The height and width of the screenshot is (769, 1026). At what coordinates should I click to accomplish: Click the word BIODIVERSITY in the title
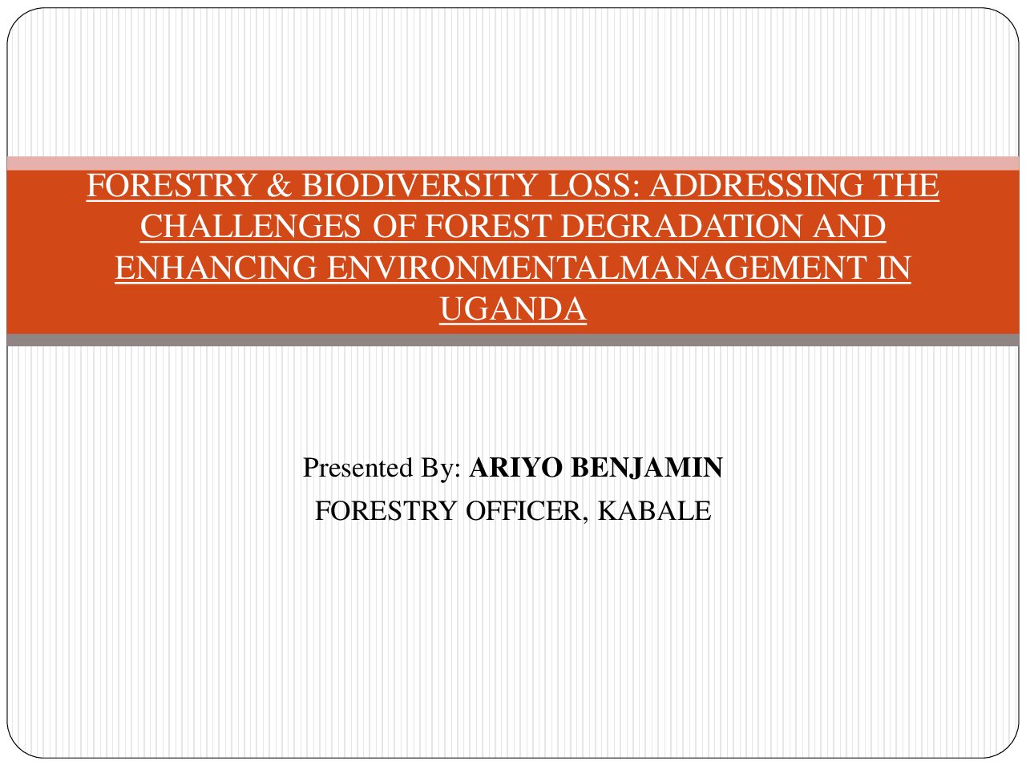pos(418,185)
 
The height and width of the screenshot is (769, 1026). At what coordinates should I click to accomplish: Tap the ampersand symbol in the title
pos(279,185)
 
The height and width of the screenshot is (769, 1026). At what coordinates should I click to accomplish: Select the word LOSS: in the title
pos(593,185)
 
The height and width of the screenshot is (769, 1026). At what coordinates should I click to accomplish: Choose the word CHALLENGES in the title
pos(251,226)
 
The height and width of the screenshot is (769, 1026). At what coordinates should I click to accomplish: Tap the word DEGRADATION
pos(681,226)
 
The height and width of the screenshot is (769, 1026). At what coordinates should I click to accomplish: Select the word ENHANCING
pos(216,268)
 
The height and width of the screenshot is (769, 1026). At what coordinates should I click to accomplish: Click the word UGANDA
pos(513,308)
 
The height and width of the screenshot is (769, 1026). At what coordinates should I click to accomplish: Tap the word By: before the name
pos(441,469)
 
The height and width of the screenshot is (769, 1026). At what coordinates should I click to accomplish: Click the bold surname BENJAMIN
pos(647,467)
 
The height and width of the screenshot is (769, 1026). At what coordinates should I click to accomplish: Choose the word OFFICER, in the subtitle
pos(527,511)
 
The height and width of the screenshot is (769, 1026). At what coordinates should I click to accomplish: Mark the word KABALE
pos(654,510)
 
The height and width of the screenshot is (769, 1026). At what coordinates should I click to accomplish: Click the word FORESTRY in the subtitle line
pos(386,510)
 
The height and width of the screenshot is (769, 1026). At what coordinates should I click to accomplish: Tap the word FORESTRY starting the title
pos(171,185)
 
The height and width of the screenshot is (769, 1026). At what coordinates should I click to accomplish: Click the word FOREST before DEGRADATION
pos(487,226)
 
